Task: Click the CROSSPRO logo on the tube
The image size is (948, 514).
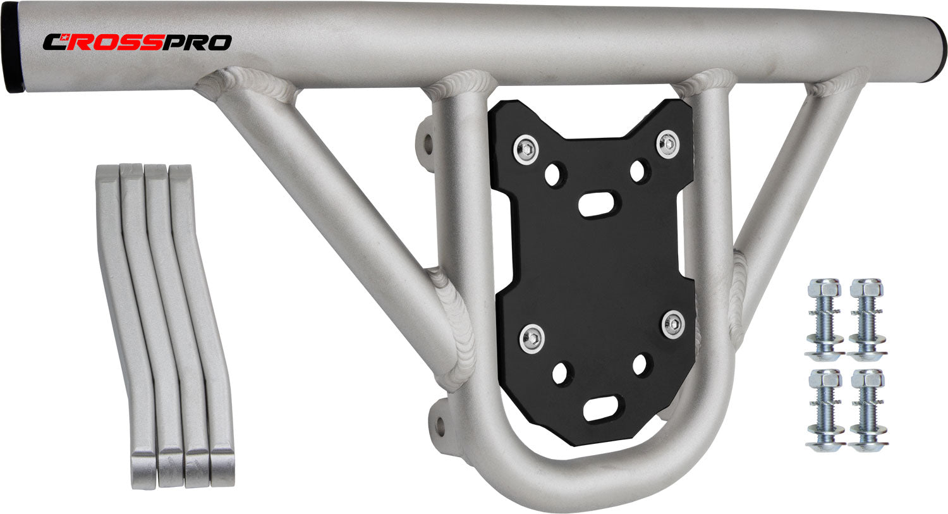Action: tap(137, 42)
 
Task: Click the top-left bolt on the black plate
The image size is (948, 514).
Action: tap(526, 150)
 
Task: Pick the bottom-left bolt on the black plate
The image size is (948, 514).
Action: tap(532, 339)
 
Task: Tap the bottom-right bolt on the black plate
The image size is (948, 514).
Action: tap(673, 325)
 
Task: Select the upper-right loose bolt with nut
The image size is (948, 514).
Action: tap(868, 320)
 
